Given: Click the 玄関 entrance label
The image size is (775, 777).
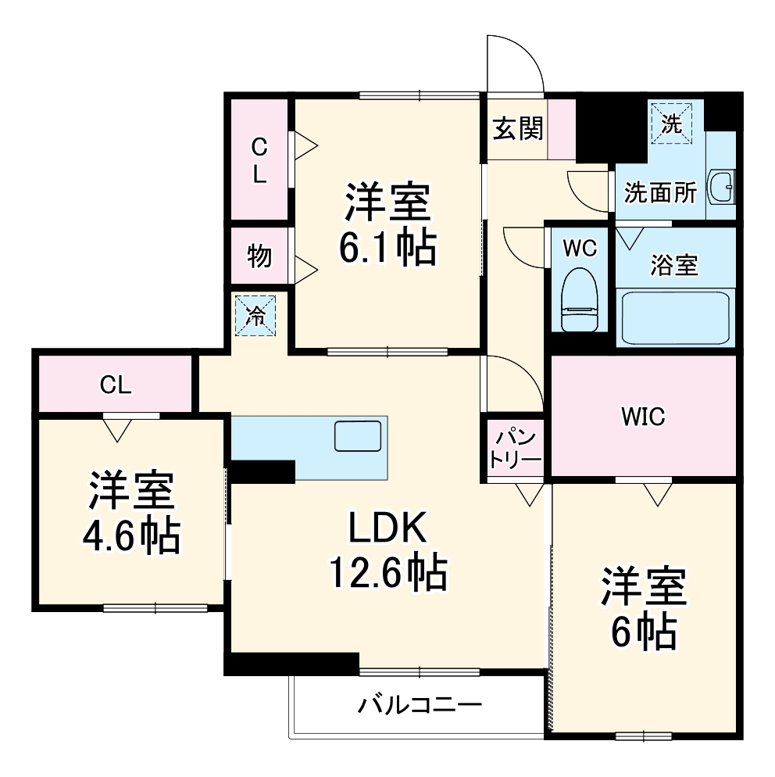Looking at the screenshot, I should tap(516, 128).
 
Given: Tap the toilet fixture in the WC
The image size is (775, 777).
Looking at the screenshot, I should tap(580, 302).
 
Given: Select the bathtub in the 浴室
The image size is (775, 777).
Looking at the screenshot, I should tap(674, 317).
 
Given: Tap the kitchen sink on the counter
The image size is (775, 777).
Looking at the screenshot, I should tap(357, 435).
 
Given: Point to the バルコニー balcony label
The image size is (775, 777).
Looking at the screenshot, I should tap(420, 706).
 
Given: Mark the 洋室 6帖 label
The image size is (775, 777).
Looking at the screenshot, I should tap(643, 608).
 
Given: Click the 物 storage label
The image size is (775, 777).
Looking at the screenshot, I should tap(259, 256).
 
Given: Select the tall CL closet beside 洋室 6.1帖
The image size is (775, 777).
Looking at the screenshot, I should tap(259, 159).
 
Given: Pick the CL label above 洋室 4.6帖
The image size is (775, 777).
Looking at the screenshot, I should tap(115, 384).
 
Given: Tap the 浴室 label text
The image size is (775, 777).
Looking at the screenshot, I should tap(673, 266).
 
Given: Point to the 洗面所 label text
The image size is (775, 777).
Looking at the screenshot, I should tap(660, 193).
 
